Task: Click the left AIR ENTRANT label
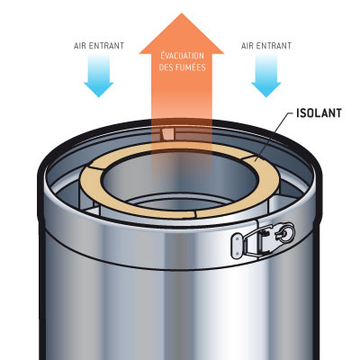tap(99, 46)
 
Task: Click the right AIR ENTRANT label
tap(266, 46)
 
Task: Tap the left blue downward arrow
tap(99, 75)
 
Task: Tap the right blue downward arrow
tap(266, 75)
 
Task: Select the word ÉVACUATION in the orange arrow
tap(182, 56)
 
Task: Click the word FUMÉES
tap(191, 67)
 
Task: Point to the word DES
tap(166, 67)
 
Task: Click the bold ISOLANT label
tap(319, 113)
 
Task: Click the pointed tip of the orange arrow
tap(182, 13)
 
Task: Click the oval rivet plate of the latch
tap(238, 247)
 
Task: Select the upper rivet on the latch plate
tap(237, 239)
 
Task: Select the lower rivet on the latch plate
tap(238, 254)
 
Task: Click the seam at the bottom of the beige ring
tap(195, 214)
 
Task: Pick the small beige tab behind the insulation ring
tap(167, 134)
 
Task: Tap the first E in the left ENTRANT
tap(92, 46)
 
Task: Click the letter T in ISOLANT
tap(338, 113)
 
